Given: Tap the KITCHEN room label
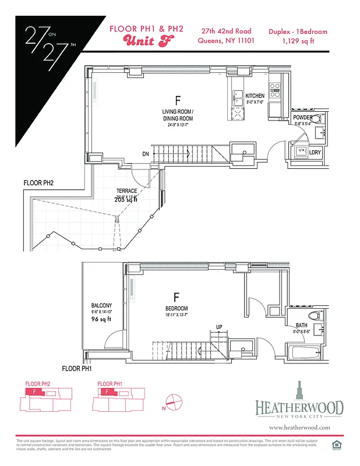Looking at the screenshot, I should (x=255, y=96).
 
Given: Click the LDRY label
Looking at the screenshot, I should (x=315, y=153).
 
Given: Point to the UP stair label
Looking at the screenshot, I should (x=220, y=327).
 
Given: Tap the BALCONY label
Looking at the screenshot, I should (x=101, y=305).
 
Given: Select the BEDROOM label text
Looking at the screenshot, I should (x=176, y=309).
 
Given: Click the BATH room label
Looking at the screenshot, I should (x=301, y=326).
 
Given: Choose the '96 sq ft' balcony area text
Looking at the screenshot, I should (x=101, y=320).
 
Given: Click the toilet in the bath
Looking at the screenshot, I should (x=315, y=316).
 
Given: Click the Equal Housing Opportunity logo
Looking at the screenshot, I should (x=336, y=446).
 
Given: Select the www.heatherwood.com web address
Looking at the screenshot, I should (x=300, y=427).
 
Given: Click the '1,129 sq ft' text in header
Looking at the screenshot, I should (x=298, y=41).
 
